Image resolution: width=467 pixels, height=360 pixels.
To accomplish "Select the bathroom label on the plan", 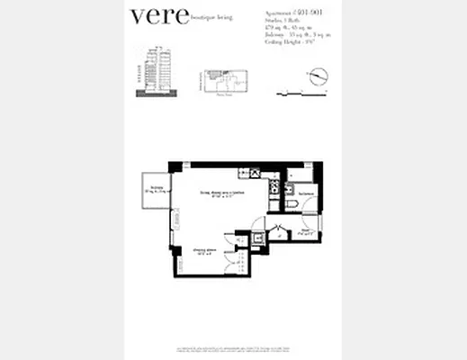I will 305,193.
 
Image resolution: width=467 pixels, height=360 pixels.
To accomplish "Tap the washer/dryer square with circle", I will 259,238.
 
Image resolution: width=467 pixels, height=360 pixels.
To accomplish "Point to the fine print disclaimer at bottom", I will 233,347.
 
